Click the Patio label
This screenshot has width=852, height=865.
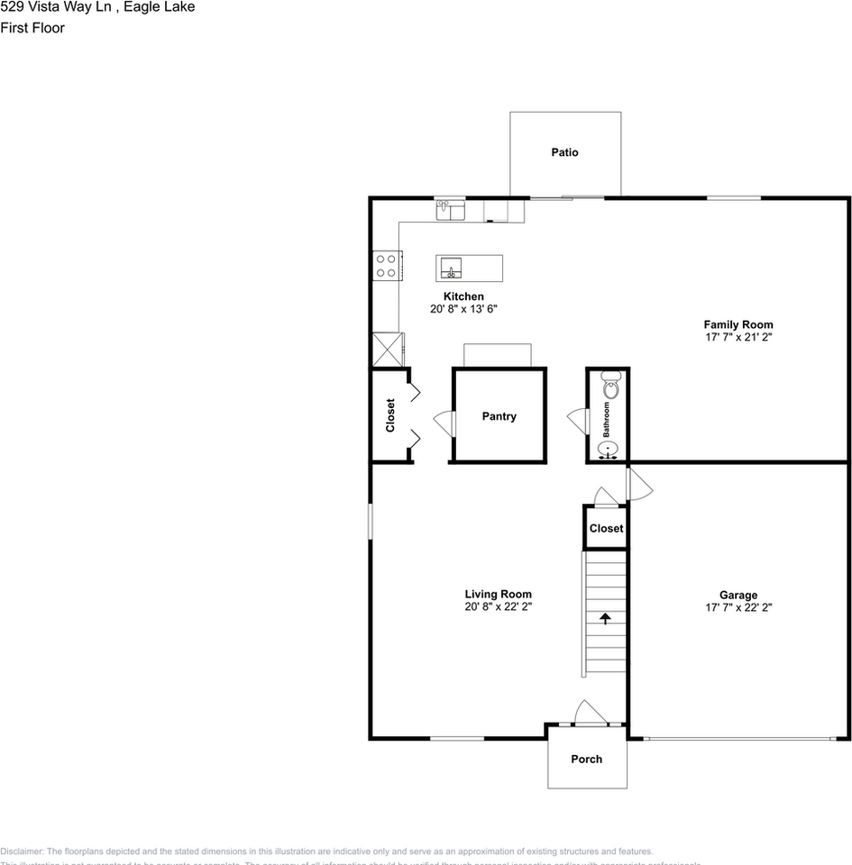565,152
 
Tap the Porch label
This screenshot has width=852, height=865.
586,759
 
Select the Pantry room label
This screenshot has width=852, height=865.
499,416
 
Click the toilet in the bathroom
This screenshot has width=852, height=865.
610,387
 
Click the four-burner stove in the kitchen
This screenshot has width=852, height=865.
387,265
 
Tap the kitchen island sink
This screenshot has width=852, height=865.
451,267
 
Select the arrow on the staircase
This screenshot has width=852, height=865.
605,618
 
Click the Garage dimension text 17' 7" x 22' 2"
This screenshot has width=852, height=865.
738,607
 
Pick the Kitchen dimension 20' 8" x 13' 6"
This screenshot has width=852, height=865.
463,309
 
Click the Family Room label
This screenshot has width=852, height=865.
738,324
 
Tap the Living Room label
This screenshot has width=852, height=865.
498,594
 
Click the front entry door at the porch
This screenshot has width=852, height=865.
591,714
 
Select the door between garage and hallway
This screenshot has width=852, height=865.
639,483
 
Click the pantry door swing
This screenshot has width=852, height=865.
443,422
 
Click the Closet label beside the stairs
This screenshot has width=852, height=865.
606,528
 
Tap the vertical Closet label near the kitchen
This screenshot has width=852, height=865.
390,415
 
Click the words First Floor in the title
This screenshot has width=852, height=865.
32,28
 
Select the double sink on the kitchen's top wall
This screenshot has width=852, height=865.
449,210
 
